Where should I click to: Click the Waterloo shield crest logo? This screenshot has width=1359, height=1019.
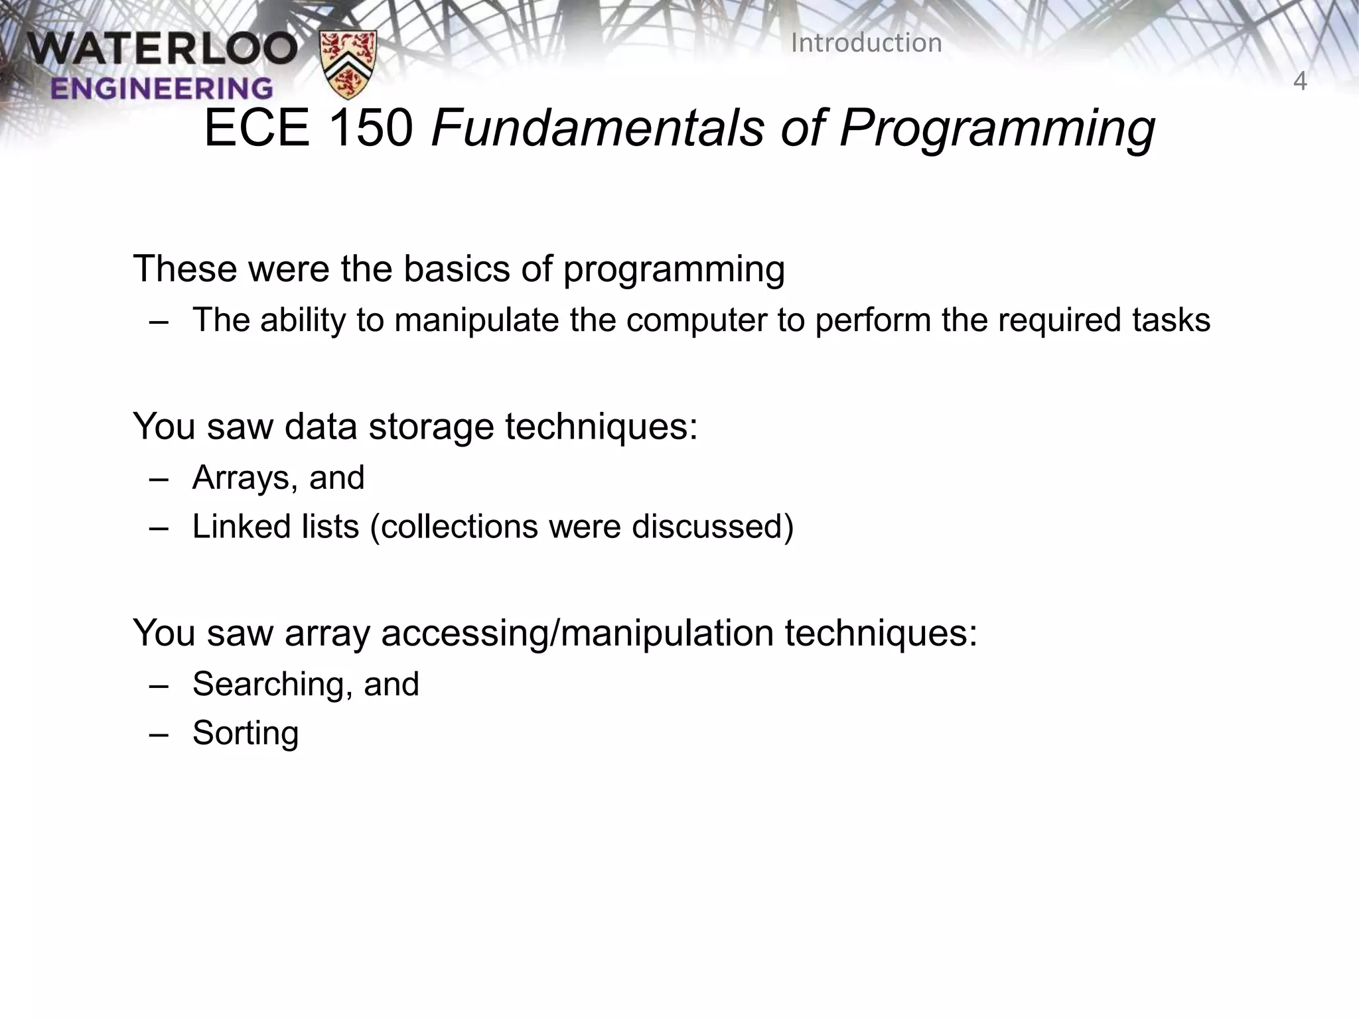coord(348,64)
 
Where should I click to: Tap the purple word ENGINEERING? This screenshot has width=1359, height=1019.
coord(161,88)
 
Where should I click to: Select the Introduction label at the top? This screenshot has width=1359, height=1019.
coord(866,43)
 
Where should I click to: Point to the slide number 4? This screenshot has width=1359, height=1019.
coord(1299,82)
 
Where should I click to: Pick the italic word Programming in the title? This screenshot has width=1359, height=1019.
coord(997,130)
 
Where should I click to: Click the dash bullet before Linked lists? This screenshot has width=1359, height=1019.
coord(159,528)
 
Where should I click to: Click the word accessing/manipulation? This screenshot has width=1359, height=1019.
coord(577,634)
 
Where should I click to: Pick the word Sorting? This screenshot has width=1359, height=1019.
coord(246,734)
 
